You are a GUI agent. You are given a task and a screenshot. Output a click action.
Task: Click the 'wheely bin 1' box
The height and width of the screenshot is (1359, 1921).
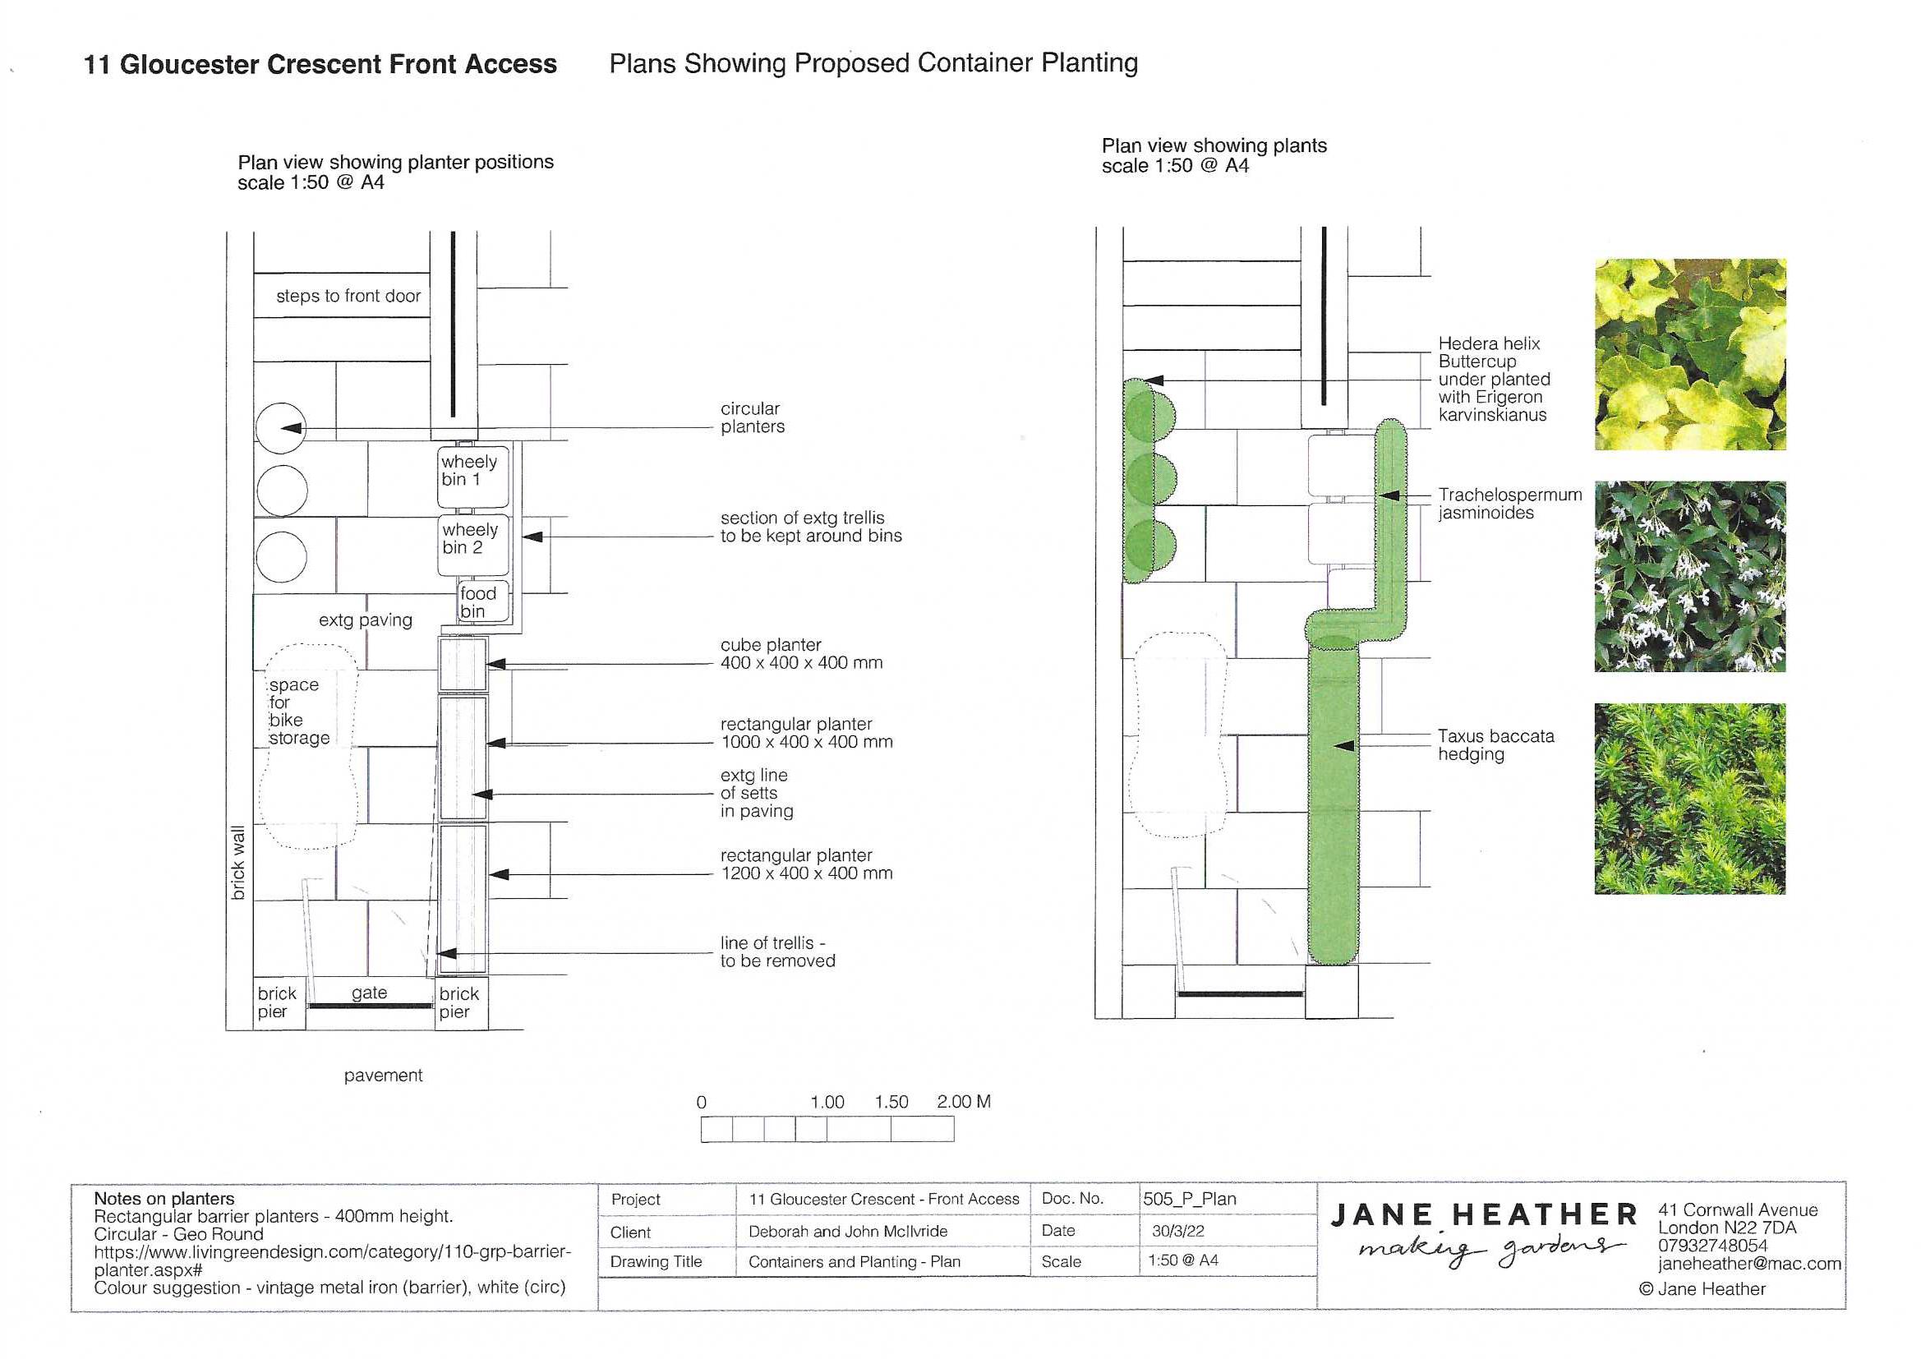(x=472, y=477)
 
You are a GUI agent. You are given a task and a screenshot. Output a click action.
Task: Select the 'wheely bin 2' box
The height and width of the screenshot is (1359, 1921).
(x=472, y=545)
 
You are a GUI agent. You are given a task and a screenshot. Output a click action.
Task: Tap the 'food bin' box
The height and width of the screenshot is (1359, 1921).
(x=484, y=601)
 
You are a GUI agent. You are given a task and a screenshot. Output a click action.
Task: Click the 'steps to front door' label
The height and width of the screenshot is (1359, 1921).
(x=348, y=297)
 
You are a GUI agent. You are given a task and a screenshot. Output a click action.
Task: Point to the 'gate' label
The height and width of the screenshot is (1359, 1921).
(x=369, y=993)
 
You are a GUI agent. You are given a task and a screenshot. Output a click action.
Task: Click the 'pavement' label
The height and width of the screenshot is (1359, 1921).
(x=383, y=1076)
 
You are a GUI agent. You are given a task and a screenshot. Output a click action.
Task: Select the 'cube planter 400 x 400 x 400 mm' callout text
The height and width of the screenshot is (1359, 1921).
(x=801, y=653)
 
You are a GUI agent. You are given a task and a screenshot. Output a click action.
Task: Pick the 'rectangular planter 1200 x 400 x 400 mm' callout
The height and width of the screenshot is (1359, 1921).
(x=806, y=864)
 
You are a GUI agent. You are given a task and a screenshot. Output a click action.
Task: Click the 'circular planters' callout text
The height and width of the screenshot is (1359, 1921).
(x=752, y=417)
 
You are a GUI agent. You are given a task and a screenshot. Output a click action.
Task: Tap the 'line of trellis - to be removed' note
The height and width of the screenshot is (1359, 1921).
(x=777, y=951)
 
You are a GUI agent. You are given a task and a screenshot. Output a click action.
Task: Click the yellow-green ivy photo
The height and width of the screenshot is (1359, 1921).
(x=1690, y=354)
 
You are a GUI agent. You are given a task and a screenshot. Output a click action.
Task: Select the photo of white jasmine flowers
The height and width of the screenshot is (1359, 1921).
(x=1690, y=577)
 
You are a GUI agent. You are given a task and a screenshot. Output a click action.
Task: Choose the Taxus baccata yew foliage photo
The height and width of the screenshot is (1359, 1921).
(x=1690, y=799)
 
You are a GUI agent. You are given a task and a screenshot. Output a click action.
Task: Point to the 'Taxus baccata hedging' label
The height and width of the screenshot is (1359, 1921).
(x=1496, y=744)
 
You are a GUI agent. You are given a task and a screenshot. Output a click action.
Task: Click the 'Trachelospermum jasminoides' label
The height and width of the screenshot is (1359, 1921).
(x=1510, y=504)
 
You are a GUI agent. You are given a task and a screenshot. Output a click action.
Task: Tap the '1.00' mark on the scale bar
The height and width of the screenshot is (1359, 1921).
(x=827, y=1102)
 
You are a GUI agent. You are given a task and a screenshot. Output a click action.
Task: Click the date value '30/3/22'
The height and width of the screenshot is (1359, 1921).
(x=1178, y=1231)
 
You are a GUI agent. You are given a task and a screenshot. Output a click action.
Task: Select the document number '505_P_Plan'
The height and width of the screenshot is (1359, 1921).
(x=1189, y=1199)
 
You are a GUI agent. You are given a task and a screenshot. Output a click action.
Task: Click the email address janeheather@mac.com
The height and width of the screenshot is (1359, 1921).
(x=1749, y=1264)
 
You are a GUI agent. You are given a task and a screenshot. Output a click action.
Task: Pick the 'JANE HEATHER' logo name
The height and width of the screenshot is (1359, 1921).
(x=1484, y=1215)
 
